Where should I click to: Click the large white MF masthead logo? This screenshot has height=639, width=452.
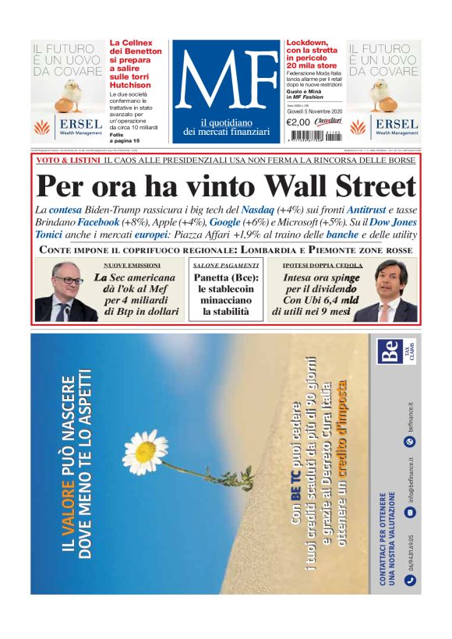[x=225, y=84]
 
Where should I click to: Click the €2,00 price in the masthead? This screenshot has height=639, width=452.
[x=298, y=122]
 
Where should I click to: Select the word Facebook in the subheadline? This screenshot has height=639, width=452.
[x=97, y=222]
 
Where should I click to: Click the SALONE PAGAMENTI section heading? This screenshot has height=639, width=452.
[x=225, y=266]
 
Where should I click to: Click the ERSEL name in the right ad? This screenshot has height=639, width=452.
[x=396, y=125]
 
